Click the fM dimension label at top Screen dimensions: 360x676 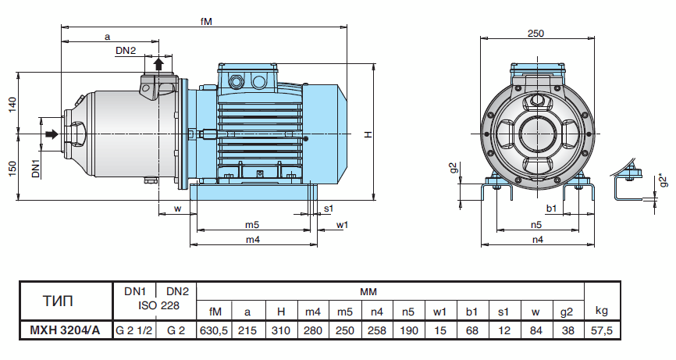[x=204, y=22]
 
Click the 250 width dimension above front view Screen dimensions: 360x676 [x=535, y=33]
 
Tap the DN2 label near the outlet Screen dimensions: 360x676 [x=126, y=51]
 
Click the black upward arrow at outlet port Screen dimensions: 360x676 [x=159, y=63]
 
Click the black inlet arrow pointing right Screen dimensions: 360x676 [x=52, y=135]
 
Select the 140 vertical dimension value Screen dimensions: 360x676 [x=12, y=105]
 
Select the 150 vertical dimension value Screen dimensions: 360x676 [x=12, y=169]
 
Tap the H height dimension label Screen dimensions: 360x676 [x=368, y=135]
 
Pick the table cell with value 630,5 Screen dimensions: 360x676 [x=214, y=330]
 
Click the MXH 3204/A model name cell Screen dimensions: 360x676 [x=66, y=330]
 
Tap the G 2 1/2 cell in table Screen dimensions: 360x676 [x=134, y=330]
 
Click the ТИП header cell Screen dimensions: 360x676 [x=66, y=300]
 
